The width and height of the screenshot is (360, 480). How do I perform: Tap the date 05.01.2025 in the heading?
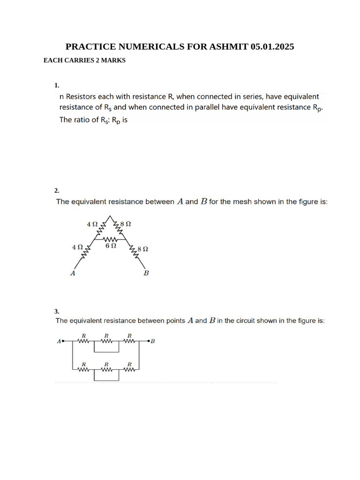tap(272, 47)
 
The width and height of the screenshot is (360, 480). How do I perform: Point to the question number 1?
tap(57, 85)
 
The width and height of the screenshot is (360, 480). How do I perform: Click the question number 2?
tap(57, 190)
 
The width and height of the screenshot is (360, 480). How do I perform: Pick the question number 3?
tap(57, 311)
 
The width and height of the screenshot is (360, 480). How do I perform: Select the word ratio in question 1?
tap(84, 120)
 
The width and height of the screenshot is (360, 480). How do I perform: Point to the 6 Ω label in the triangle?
tap(111, 246)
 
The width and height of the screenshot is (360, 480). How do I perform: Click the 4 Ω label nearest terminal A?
tap(77, 247)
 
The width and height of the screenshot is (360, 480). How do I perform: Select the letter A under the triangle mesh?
tap(73, 273)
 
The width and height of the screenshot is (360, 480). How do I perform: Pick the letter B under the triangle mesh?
tap(146, 273)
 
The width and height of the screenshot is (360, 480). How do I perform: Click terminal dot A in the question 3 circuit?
tap(63, 341)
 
